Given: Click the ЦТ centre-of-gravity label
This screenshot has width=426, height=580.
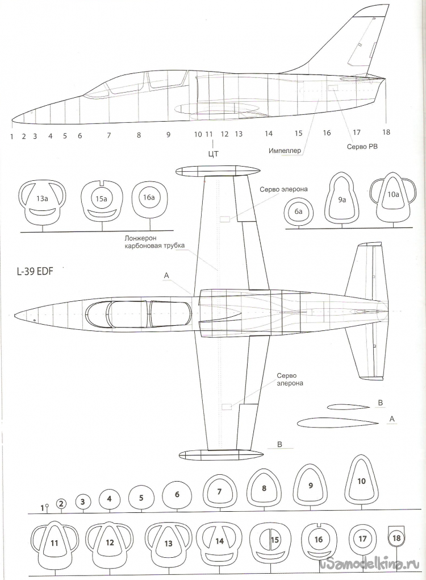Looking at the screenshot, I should coord(214,152).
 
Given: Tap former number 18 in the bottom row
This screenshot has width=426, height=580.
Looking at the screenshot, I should coord(396,538).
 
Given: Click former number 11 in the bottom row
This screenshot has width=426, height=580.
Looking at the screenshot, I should coord(55,543).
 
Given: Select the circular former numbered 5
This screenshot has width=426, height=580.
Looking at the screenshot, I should coord(141,497).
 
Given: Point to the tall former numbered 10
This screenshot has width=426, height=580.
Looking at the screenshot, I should coord(361,480).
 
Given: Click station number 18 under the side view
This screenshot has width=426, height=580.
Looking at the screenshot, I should coord(386,132).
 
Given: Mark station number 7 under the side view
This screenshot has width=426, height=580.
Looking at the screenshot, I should coord(108,135).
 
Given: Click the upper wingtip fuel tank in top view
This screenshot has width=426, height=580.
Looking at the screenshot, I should coord(218,170).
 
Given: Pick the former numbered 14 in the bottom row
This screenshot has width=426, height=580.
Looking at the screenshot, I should coord(220,542).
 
